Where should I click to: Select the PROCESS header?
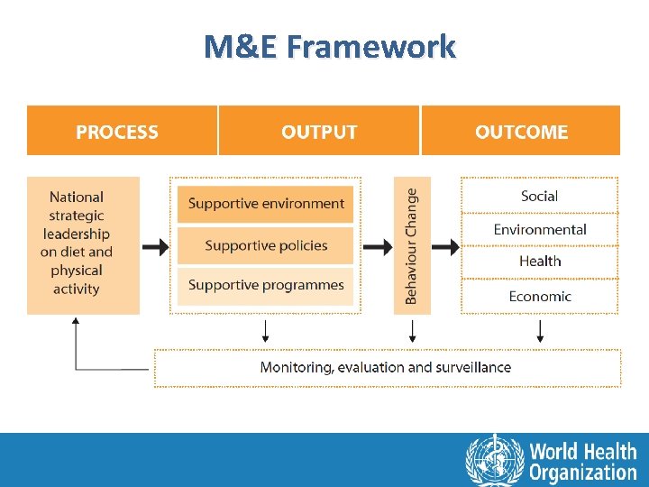[117, 132]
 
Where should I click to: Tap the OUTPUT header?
[319, 132]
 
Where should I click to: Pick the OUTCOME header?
[521, 132]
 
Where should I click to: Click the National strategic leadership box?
[83, 244]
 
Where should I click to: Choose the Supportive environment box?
[266, 204]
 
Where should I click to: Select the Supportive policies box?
[266, 245]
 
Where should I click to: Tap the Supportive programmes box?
[266, 286]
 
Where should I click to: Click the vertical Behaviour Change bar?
[412, 245]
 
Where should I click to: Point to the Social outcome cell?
[539, 196]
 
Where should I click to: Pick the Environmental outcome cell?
[539, 229]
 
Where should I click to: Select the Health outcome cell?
[539, 262]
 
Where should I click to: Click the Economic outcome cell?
[539, 296]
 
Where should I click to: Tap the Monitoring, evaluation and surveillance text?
[386, 367]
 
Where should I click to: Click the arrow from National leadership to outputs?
[155, 246]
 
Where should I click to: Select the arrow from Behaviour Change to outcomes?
[443, 246]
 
